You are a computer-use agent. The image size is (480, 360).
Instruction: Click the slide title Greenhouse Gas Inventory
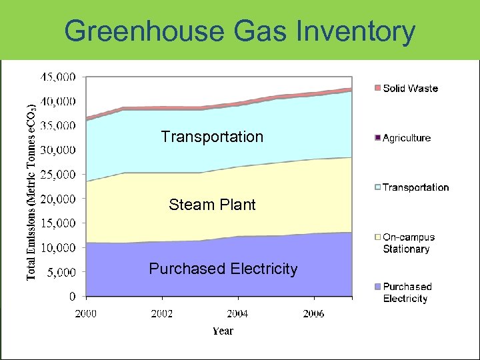click(240, 31)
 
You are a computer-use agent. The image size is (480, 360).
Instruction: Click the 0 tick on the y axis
click(73, 296)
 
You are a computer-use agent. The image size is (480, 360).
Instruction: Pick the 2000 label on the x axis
click(85, 313)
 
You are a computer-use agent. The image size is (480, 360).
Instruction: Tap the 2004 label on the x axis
click(237, 313)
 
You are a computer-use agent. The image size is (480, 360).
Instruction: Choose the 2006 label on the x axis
click(313, 313)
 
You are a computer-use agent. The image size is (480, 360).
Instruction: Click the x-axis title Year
click(223, 331)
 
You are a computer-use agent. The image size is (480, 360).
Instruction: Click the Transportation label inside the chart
click(212, 137)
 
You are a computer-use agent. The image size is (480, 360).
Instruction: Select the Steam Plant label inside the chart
click(212, 205)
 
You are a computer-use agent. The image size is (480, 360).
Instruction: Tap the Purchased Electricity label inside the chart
click(223, 269)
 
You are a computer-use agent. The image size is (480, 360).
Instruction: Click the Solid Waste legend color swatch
click(377, 88)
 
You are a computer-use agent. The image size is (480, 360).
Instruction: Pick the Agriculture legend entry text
click(407, 138)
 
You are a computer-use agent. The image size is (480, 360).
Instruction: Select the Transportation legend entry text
click(415, 187)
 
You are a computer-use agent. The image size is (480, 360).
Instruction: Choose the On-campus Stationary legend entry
click(408, 243)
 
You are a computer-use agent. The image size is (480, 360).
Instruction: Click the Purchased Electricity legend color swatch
click(377, 287)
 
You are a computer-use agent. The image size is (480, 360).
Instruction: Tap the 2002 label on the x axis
click(161, 313)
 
